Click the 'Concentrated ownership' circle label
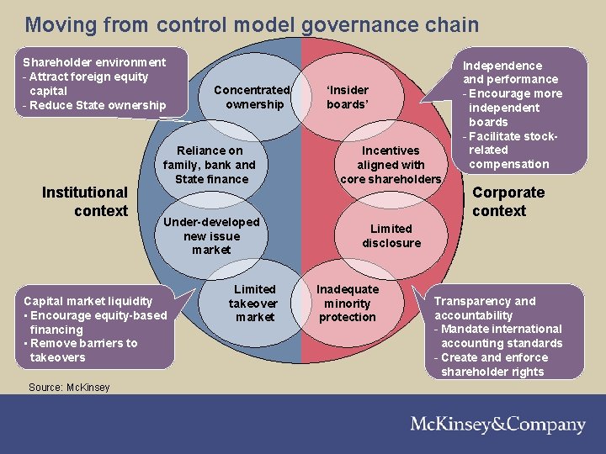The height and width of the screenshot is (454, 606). tap(252, 98)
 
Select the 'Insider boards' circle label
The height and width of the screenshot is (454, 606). tap(348, 98)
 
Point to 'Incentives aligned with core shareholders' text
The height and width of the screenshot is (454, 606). tap(390, 165)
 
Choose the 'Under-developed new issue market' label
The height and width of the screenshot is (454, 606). tap(211, 235)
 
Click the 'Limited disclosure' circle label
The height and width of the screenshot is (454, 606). tap(391, 235)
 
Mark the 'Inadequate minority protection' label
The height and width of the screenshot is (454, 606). tap(348, 303)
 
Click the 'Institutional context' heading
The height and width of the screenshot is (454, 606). tap(84, 202)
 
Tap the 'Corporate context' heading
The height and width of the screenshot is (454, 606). tap(508, 202)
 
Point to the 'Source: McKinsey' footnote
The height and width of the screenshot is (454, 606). tap(67, 388)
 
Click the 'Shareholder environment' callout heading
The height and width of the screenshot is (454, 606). tap(94, 62)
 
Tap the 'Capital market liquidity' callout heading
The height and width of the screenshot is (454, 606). tap(88, 301)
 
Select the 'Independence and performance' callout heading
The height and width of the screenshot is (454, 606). tap(510, 72)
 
